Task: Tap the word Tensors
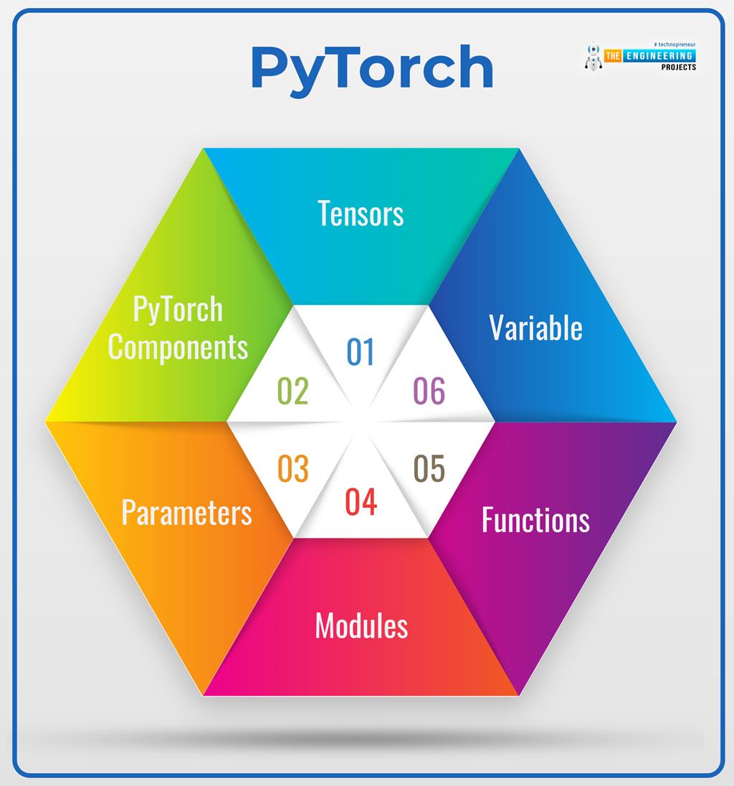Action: (361, 214)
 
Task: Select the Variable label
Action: (535, 328)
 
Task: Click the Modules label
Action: (361, 625)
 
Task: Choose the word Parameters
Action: (186, 512)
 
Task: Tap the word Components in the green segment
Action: (178, 347)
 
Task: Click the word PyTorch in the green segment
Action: (178, 309)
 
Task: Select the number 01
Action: (361, 352)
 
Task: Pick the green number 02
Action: (293, 391)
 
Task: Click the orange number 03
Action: (293, 469)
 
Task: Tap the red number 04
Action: (361, 502)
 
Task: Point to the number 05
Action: (429, 469)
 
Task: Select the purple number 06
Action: (429, 391)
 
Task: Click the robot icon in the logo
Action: (594, 56)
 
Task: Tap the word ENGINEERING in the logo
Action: (659, 56)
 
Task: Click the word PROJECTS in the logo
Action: (678, 67)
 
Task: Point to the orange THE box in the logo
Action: (613, 56)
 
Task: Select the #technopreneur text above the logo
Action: (675, 44)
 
